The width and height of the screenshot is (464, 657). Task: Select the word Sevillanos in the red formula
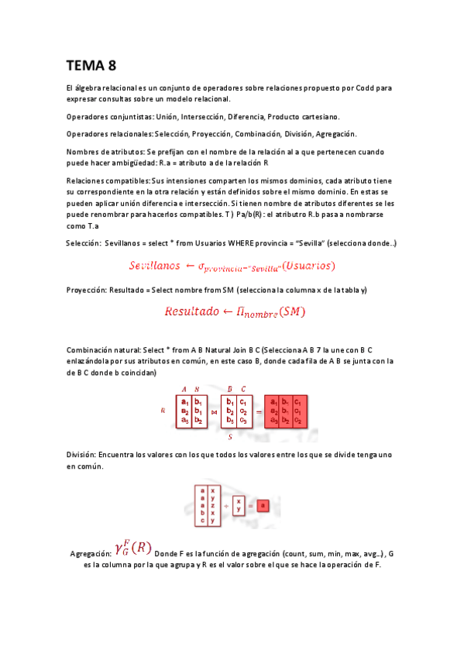(x=154, y=266)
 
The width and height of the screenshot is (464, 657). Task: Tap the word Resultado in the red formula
(x=192, y=311)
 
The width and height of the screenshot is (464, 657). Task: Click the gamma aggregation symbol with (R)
(x=132, y=548)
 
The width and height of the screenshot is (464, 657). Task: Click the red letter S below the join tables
(x=231, y=436)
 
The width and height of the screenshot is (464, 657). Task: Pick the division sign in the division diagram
(x=227, y=505)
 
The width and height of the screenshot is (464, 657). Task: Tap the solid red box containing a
(x=262, y=505)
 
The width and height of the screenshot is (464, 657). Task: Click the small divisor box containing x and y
(x=239, y=505)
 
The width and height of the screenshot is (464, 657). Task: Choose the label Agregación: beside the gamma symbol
(x=91, y=555)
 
